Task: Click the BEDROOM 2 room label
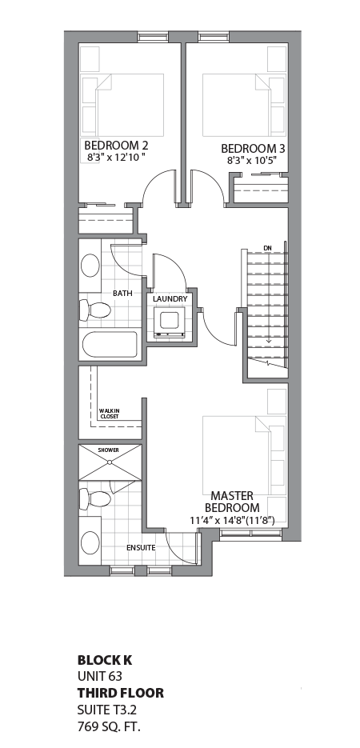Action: coord(117,146)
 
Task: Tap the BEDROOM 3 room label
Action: coord(253,148)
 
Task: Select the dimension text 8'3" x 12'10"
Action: coord(117,158)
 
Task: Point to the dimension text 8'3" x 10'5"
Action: coord(253,160)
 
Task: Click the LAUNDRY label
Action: coord(170,299)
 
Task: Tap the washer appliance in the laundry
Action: coord(170,322)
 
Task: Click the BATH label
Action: coord(122,294)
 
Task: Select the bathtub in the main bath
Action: coord(110,346)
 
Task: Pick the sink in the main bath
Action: coord(90,266)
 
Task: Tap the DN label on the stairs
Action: coord(256,247)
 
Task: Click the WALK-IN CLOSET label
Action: coord(110,414)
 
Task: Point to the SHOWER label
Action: coord(109,450)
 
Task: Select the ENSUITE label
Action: coord(140,548)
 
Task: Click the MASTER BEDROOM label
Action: coord(232,502)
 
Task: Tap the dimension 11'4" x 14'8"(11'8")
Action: coord(232,521)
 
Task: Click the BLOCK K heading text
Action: coord(105,660)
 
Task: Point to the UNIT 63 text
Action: coord(100,676)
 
